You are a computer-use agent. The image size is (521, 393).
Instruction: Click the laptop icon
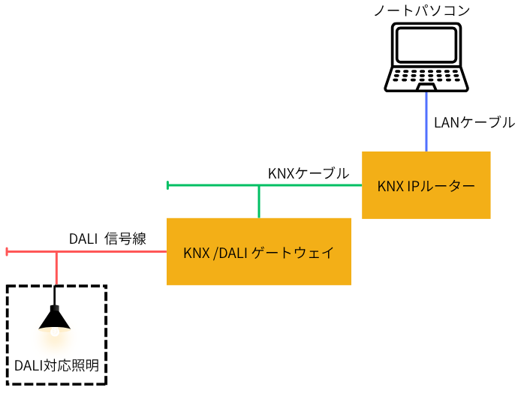[426, 57]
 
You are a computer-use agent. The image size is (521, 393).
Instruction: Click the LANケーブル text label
[474, 121]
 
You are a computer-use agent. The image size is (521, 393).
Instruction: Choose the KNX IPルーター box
[426, 185]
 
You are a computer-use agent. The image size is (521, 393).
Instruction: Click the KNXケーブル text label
[308, 173]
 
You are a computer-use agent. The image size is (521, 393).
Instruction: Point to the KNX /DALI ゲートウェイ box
[259, 252]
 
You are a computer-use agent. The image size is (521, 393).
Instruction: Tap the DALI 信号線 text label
[107, 239]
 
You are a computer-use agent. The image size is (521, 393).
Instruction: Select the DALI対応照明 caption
[56, 367]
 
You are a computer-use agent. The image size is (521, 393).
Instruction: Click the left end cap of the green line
[168, 185]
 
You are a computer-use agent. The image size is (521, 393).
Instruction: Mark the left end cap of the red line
[7, 252]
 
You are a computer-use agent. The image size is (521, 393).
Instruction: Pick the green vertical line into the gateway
[259, 202]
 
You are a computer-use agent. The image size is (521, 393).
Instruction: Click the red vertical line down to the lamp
[56, 268]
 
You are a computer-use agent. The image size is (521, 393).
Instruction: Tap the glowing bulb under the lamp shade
[55, 332]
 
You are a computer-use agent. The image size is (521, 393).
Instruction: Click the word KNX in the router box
[391, 185]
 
